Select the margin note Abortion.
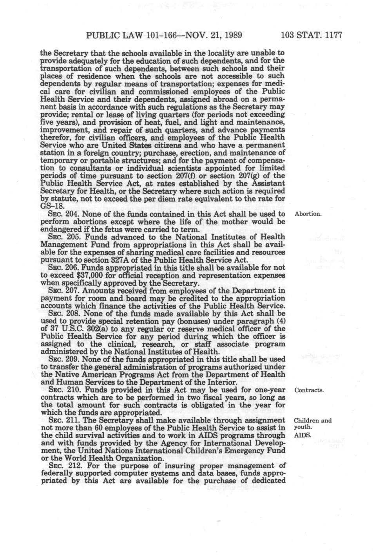coord(308,215)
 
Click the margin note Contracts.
coord(309,390)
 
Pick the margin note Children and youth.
coord(312,424)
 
